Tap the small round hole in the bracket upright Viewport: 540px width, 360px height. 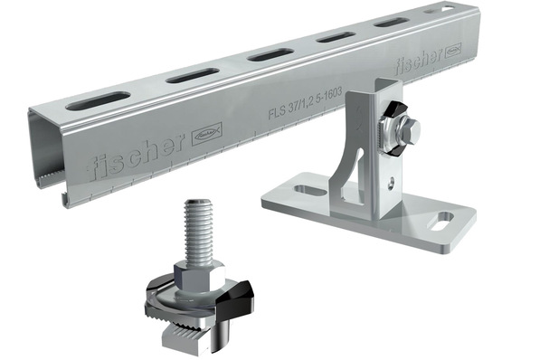[x=390, y=181]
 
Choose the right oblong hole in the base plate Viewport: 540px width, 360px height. [x=443, y=218]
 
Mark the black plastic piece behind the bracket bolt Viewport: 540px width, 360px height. [x=388, y=115]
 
